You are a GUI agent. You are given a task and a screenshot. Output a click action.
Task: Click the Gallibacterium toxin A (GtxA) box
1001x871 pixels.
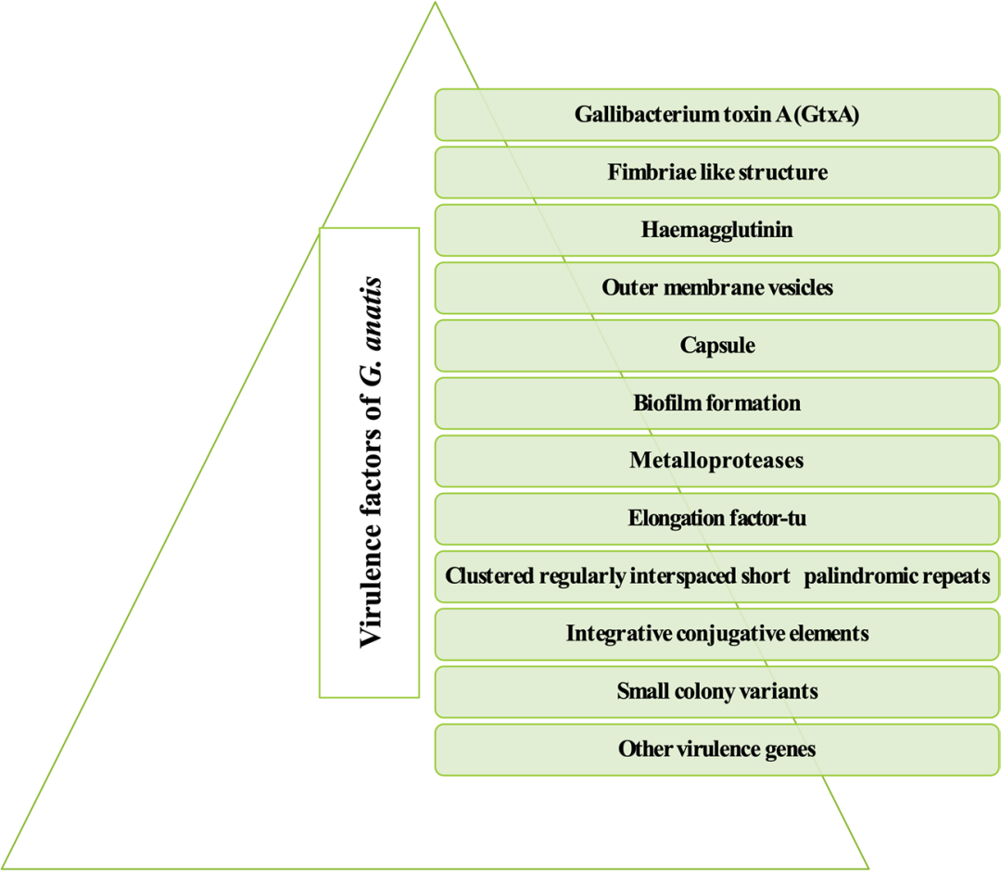pos(716,115)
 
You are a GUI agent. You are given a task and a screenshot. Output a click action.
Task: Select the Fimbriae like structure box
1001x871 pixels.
pos(716,172)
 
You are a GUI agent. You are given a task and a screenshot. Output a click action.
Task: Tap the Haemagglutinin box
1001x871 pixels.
pos(716,230)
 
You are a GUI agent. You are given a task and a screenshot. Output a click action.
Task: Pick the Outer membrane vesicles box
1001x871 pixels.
pos(716,287)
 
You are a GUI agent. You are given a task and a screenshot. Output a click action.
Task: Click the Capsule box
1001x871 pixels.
pos(716,346)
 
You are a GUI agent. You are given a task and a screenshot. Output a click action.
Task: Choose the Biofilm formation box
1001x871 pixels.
pos(716,403)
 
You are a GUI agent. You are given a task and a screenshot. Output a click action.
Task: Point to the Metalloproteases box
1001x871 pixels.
pos(716,461)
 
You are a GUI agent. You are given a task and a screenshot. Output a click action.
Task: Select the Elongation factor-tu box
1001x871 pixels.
pos(716,518)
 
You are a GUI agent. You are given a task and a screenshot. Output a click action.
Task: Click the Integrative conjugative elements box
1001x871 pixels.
pos(716,634)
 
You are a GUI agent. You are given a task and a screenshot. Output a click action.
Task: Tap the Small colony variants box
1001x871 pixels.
pos(716,691)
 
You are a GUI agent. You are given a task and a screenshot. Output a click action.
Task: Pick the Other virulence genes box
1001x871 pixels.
pos(716,749)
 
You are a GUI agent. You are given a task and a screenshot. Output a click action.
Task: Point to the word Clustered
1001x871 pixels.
pos(488,576)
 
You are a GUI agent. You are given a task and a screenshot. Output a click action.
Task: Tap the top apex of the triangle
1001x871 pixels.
pos(434,4)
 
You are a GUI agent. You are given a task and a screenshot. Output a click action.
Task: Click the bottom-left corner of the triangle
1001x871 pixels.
pos(6,867)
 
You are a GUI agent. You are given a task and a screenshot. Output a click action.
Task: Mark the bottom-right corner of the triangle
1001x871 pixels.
pos(867,867)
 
